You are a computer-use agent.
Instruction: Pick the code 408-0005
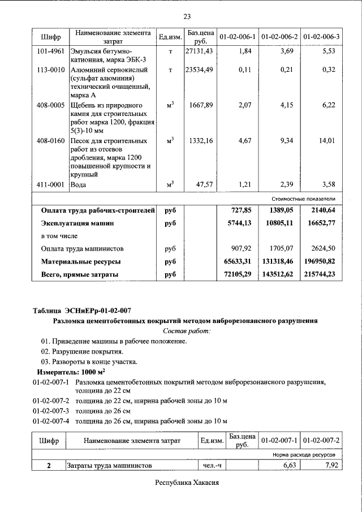tap(50, 105)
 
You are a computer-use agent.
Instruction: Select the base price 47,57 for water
tap(203, 184)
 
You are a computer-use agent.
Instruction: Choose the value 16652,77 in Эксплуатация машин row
tap(323, 223)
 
